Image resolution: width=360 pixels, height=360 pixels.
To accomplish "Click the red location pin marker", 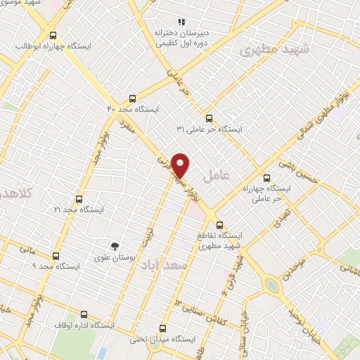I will click(x=181, y=165).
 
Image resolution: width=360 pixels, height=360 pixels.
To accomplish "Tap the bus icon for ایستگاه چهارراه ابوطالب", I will click(x=53, y=34).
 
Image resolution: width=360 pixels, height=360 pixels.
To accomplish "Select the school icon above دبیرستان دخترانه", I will click(x=182, y=21).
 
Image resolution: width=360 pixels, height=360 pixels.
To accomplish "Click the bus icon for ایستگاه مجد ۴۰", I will click(x=133, y=98).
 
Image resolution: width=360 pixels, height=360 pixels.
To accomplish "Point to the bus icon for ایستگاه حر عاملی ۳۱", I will click(x=208, y=118).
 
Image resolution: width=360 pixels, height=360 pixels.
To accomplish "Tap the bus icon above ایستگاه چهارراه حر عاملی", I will click(x=266, y=178).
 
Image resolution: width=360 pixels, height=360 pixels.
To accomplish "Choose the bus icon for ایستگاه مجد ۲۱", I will click(x=78, y=198).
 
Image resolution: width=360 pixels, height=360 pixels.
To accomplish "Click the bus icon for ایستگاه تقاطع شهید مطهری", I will click(x=220, y=225).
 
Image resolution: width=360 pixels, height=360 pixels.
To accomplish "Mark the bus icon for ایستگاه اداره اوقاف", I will click(x=84, y=314).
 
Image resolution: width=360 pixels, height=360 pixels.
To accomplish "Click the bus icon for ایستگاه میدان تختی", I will click(x=163, y=328).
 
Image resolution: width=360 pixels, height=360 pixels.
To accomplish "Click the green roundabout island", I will click(x=271, y=285).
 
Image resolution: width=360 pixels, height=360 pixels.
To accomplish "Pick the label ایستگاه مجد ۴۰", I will click(x=134, y=110).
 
